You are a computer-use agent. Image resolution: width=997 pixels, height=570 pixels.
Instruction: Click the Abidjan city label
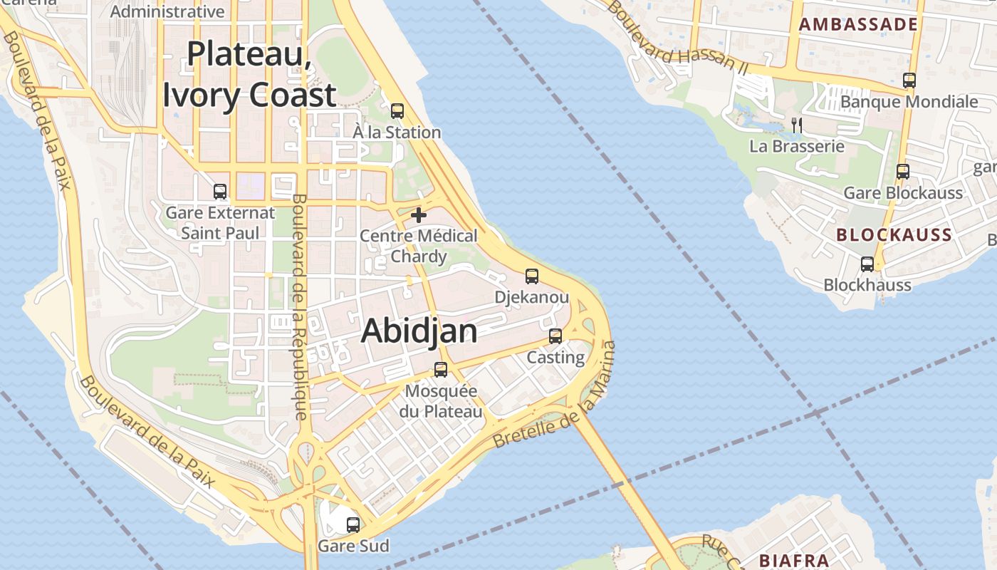point(419,331)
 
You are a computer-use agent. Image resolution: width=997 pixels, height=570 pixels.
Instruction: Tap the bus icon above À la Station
point(397,111)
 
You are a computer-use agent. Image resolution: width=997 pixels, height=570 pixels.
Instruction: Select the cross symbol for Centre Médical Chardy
point(419,214)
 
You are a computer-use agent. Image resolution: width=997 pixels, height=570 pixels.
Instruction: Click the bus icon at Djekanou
point(532,276)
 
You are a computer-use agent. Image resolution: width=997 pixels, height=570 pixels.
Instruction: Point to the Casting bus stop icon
point(555,336)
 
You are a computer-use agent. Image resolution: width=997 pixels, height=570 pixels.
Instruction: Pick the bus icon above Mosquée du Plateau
point(441,370)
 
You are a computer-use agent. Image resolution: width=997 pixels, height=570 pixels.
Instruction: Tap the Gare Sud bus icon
point(353,525)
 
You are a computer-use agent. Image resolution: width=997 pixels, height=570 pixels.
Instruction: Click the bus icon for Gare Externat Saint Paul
point(220,192)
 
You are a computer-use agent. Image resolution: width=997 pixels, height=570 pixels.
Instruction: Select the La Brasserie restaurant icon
point(797,125)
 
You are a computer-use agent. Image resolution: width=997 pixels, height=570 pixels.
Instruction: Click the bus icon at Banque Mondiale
point(909,81)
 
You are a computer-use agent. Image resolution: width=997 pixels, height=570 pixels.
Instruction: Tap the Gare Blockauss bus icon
point(903,172)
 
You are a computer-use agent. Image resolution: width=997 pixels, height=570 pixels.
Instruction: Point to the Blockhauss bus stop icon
point(867,264)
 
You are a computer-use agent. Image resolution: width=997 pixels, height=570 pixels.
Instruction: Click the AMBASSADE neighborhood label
point(858,24)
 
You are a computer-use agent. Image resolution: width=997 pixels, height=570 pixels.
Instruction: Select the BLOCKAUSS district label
point(894,235)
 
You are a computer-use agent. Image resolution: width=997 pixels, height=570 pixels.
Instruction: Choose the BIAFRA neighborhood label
point(793,560)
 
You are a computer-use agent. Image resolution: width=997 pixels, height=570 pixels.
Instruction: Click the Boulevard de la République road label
point(300,306)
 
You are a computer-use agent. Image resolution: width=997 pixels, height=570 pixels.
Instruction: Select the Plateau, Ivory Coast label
point(249,75)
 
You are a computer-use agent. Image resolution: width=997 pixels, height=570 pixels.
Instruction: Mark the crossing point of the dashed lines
point(816,413)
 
